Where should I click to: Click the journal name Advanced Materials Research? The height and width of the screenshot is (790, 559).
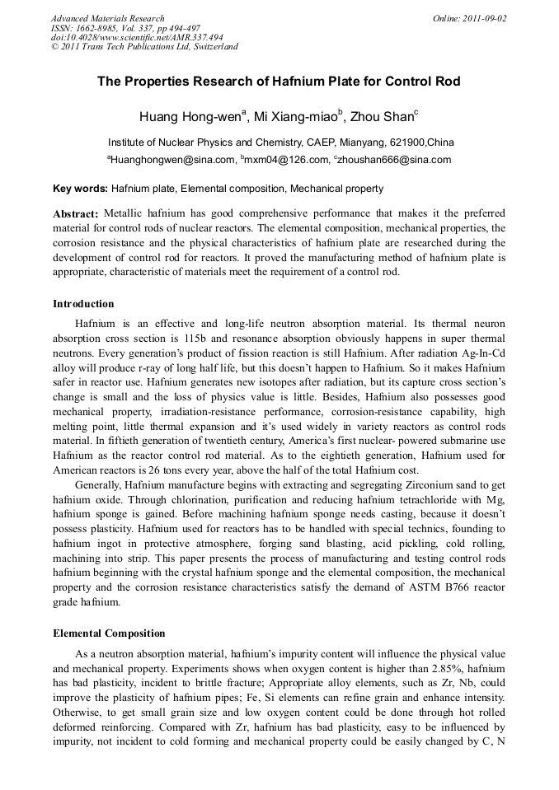[x=107, y=18]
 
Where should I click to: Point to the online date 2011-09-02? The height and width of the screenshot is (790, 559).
[x=481, y=18]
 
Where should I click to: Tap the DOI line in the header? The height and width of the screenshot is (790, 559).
[x=137, y=37]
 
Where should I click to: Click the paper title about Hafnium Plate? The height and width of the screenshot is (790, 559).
[x=279, y=82]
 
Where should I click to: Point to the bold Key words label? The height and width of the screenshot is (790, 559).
[x=80, y=189]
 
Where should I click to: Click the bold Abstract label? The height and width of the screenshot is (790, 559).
[x=76, y=213]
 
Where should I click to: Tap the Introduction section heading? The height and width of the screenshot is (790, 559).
[x=83, y=304]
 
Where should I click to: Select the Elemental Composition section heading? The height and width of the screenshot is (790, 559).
[x=109, y=633]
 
